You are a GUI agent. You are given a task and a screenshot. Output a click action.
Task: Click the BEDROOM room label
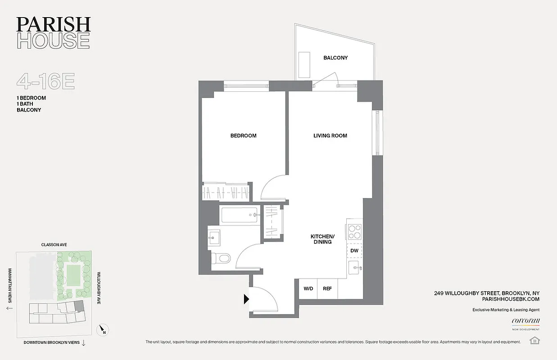click(243, 135)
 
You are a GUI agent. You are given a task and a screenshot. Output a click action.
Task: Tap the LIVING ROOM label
click(330, 135)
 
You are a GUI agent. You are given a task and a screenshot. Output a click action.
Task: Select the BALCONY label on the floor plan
click(335, 58)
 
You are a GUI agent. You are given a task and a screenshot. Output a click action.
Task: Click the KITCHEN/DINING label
click(322, 239)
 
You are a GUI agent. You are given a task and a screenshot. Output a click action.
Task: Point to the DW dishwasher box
click(354, 251)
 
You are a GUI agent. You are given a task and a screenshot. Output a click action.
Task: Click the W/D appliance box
click(308, 288)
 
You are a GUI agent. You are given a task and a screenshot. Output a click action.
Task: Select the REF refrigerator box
click(327, 288)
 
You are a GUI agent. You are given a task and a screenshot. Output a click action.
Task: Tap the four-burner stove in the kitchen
click(354, 231)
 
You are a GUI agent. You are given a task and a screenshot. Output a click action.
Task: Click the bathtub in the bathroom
click(240, 215)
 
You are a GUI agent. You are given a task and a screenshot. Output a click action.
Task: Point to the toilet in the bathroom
click(222, 258)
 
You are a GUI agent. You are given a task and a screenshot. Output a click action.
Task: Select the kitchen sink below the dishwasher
click(355, 268)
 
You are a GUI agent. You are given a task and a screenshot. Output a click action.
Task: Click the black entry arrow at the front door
click(246, 299)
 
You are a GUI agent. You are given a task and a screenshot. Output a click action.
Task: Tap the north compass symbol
click(103, 331)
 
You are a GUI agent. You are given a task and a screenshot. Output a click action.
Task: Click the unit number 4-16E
click(45, 82)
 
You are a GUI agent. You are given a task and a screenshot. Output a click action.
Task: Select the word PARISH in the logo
click(53, 24)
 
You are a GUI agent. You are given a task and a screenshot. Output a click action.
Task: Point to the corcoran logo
click(525, 321)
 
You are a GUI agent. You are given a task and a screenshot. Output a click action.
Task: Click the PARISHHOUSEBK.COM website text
click(510, 299)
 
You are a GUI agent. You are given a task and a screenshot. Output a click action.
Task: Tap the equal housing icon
click(534, 340)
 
